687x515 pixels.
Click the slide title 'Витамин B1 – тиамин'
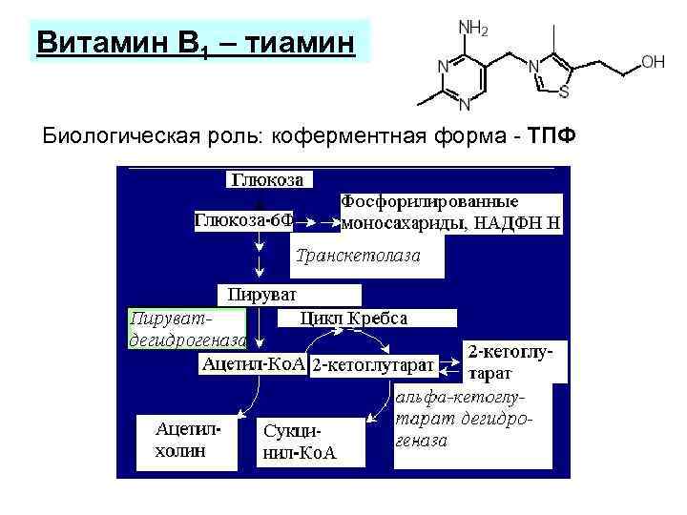[x=197, y=43]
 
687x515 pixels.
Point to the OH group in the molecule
[x=653, y=62]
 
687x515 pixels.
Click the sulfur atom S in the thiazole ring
[x=565, y=93]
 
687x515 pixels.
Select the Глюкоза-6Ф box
[x=243, y=221]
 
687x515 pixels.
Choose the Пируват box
[x=289, y=295]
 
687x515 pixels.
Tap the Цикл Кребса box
[x=353, y=319]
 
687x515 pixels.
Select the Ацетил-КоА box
[x=254, y=363]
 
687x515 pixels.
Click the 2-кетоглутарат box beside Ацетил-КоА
[x=373, y=364]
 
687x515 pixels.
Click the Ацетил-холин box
[x=186, y=442]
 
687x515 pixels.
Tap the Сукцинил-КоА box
[x=299, y=442]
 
